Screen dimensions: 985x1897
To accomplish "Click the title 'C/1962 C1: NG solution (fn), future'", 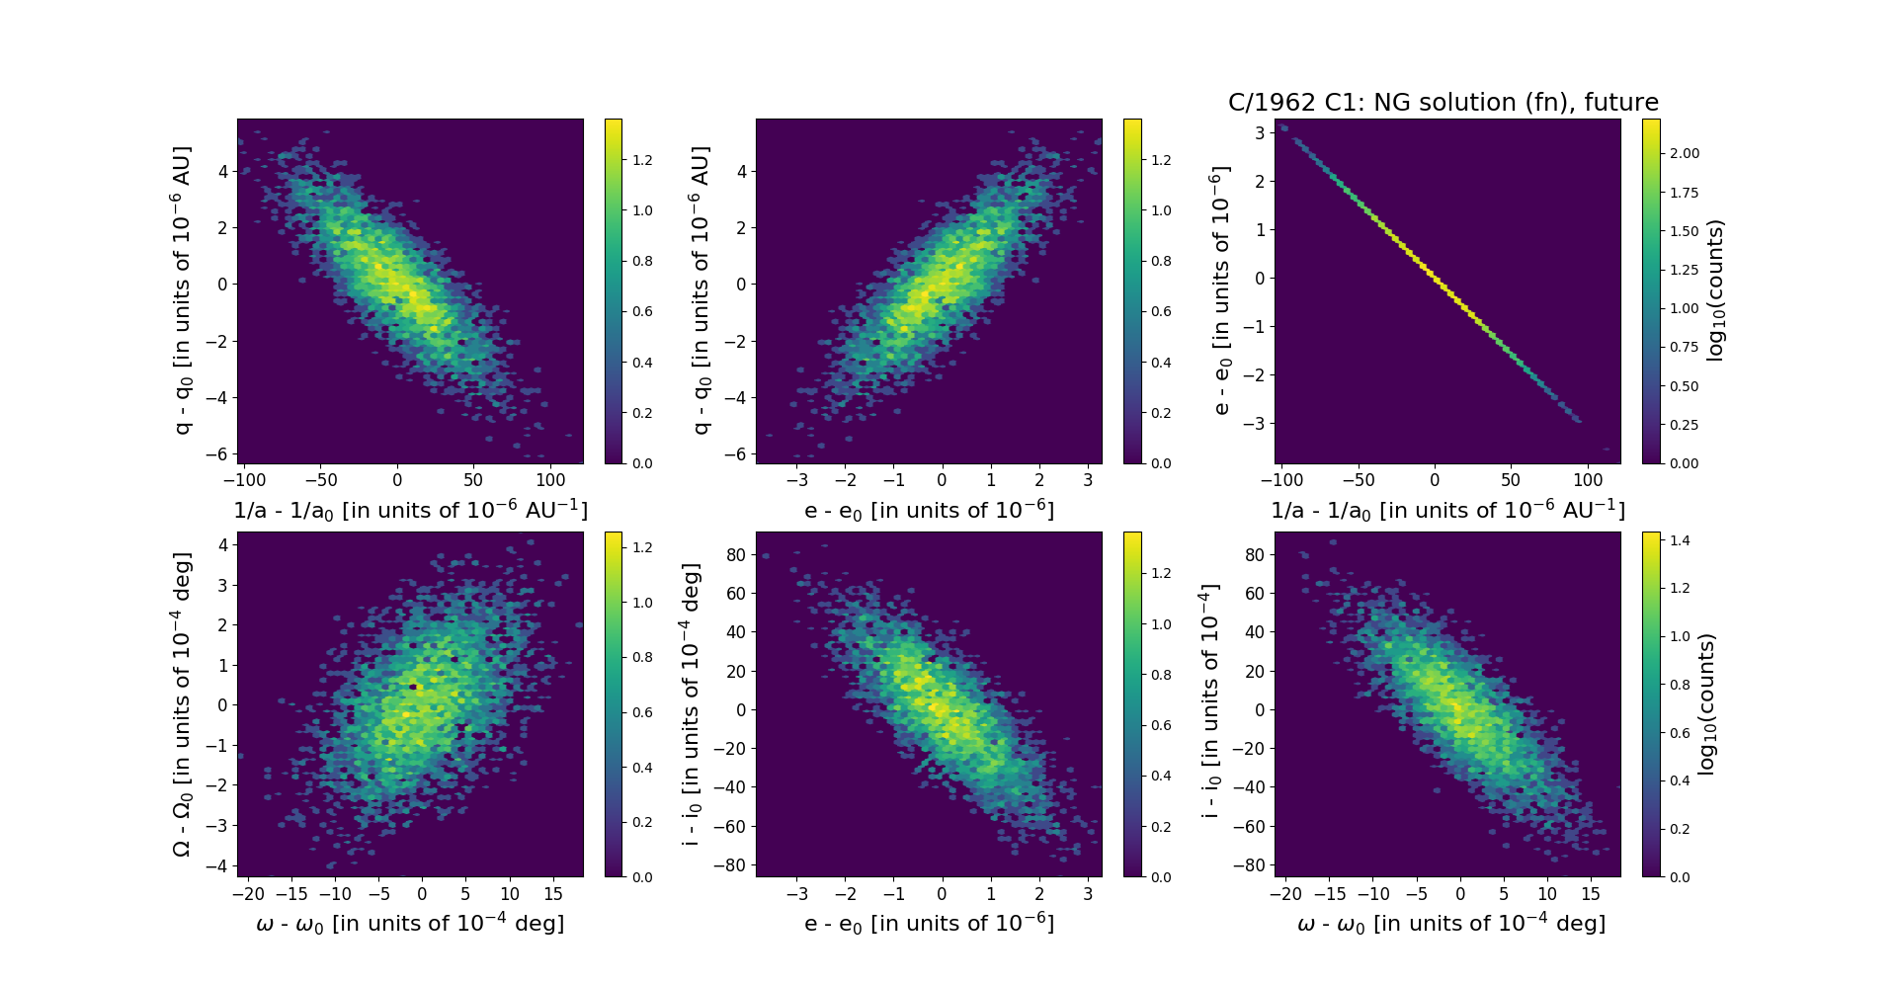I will [x=1443, y=103].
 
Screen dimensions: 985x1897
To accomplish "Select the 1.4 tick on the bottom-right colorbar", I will [x=1680, y=540].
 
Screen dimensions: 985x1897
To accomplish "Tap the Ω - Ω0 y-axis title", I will [x=182, y=704].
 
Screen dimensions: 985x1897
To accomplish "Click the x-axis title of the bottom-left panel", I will [x=410, y=924].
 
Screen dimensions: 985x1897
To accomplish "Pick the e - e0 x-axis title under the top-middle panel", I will [x=929, y=511].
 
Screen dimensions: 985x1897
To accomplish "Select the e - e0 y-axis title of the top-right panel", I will [x=1221, y=290].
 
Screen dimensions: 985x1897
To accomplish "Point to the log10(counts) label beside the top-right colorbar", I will [x=1715, y=290].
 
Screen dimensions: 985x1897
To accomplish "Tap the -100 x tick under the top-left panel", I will [x=244, y=480].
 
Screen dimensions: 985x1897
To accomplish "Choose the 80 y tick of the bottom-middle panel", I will [x=736, y=555].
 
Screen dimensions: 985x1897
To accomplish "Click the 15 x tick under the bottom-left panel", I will [x=553, y=893].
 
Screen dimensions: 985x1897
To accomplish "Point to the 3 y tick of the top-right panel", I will [x=1260, y=132].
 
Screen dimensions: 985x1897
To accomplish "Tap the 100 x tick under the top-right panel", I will [x=1588, y=480].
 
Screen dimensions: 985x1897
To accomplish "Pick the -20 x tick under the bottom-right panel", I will [x=1285, y=893].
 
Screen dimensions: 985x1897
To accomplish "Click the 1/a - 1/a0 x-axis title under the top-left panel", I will [x=410, y=511].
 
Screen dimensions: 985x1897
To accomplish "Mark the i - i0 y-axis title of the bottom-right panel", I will [x=1208, y=703].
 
